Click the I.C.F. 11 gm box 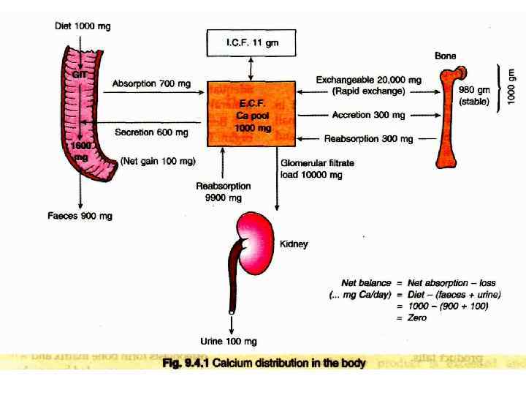(252, 43)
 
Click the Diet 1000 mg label (83, 26)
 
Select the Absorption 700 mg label (151, 84)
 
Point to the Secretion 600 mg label (151, 132)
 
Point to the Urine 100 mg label (229, 342)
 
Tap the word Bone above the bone (446, 56)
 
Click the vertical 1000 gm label (511, 86)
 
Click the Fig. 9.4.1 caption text (263, 363)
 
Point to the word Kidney (294, 244)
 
